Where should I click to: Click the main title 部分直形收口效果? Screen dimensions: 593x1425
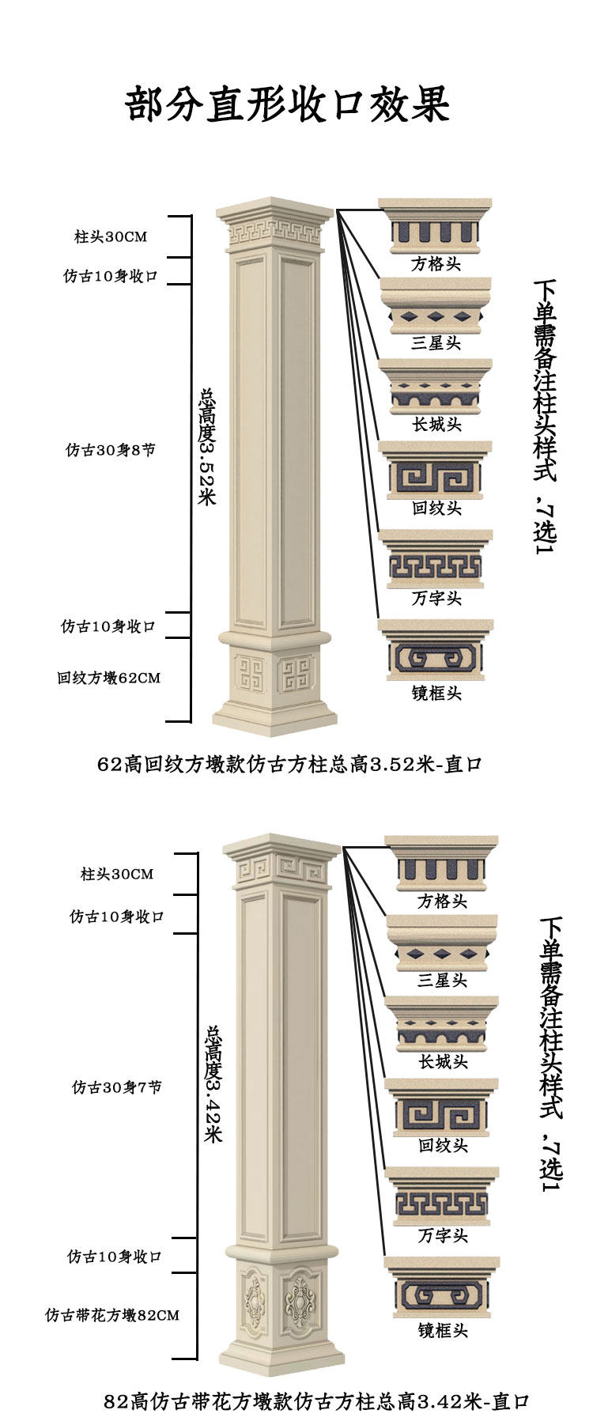click(x=288, y=104)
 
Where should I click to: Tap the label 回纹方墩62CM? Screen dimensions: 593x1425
click(x=108, y=678)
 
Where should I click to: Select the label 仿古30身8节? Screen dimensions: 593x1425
click(x=110, y=450)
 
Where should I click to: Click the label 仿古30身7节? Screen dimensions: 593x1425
click(x=116, y=1087)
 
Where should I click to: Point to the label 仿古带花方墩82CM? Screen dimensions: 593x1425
click(x=112, y=1315)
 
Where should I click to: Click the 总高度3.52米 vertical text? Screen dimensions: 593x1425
click(x=207, y=446)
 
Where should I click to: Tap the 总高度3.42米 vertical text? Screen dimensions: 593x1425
click(x=213, y=1083)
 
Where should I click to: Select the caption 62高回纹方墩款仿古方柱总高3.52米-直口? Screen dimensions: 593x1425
click(x=289, y=765)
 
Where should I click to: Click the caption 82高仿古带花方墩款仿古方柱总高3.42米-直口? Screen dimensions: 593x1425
click(x=316, y=1402)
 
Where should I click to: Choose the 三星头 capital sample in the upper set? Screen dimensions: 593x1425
click(x=436, y=306)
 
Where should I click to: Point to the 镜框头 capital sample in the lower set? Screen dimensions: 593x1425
click(x=442, y=1288)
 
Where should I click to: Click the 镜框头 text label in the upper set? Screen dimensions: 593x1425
click(x=436, y=693)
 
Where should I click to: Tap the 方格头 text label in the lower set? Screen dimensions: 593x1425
click(x=442, y=901)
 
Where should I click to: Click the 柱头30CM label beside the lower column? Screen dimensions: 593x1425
click(x=117, y=874)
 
